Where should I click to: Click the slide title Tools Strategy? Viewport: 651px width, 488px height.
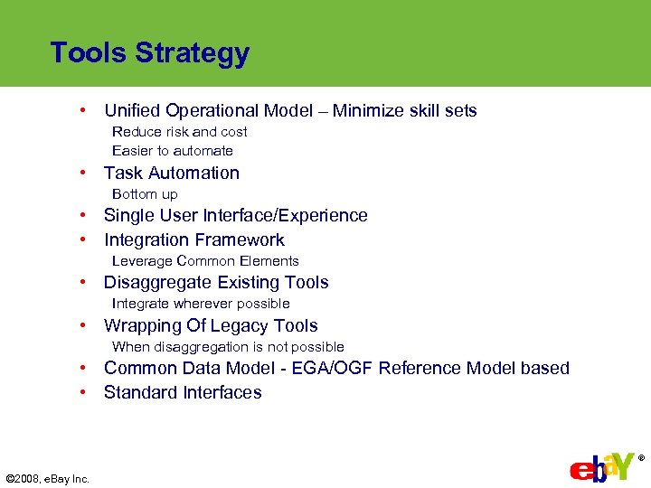149,53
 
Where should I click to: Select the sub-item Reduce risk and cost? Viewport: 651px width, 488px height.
179,132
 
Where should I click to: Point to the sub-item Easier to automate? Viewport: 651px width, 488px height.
172,151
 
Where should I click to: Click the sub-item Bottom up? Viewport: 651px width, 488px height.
145,194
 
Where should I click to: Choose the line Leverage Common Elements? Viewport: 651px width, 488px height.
205,261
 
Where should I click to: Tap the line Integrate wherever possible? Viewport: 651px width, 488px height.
201,304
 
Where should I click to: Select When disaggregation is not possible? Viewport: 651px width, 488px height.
228,347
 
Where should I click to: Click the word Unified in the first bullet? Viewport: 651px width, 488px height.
133,111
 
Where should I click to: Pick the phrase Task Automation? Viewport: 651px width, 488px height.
172,173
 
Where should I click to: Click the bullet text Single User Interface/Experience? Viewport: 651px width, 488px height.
235,215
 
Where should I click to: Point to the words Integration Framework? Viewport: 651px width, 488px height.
193,239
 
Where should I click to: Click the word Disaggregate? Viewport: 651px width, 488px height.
157,283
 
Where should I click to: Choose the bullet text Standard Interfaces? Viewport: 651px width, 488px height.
183,392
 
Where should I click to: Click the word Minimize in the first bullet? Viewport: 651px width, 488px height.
371,111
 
